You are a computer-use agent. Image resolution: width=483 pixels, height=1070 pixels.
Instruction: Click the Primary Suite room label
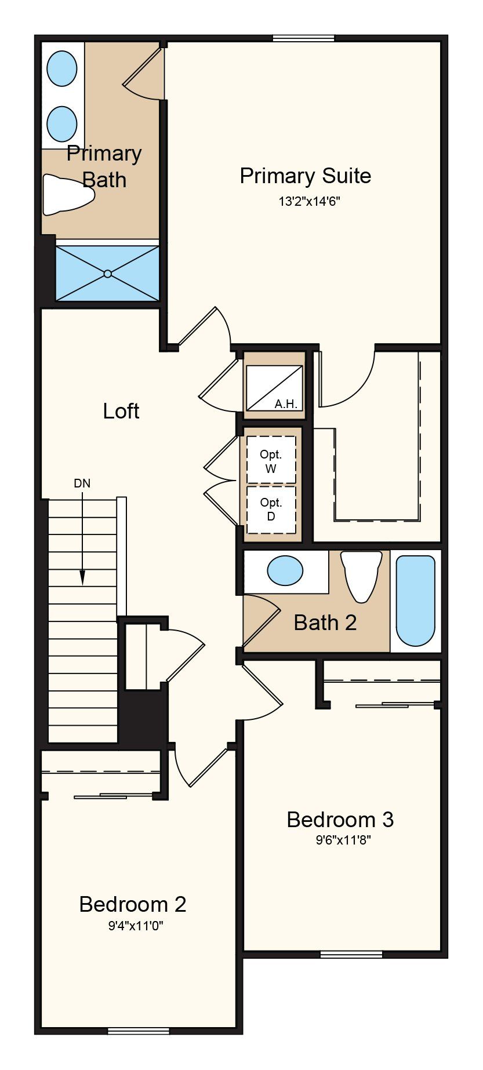pos(306,176)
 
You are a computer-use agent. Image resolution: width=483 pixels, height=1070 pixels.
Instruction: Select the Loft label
pos(121,411)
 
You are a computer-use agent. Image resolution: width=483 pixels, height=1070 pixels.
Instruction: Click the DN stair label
pos(82,483)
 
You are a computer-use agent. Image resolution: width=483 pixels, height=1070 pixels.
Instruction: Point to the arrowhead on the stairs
pos(82,577)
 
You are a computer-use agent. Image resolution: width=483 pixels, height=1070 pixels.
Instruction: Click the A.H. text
pos(286,404)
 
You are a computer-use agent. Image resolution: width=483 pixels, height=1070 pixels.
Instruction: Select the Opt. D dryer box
pos(271,509)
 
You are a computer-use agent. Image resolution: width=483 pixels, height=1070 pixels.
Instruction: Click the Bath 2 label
pos(325,623)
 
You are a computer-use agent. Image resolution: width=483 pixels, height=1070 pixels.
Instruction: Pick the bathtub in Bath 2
pos(415,601)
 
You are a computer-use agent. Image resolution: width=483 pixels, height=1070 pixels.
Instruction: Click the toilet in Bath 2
pos(361,576)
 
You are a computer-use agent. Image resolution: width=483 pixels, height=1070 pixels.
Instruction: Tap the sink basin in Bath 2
pos(285,570)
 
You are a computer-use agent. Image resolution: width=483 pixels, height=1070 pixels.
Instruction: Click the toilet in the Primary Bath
pos(68,195)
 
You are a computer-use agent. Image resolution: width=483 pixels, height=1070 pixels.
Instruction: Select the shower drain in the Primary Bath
pos(108,274)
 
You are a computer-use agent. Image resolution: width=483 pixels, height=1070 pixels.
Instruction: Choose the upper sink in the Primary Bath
pos(61,69)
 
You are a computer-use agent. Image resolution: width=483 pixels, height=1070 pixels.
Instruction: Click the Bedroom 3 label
pos(340,820)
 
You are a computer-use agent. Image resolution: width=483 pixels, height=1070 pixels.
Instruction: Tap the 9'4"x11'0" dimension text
pos(136,926)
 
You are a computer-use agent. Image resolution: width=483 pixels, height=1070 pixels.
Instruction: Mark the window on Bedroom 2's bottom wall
pos(139,1031)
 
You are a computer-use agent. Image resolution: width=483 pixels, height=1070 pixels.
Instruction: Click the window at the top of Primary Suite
pos(303,38)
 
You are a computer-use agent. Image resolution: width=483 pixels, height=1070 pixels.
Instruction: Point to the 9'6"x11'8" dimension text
pos(343,840)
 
